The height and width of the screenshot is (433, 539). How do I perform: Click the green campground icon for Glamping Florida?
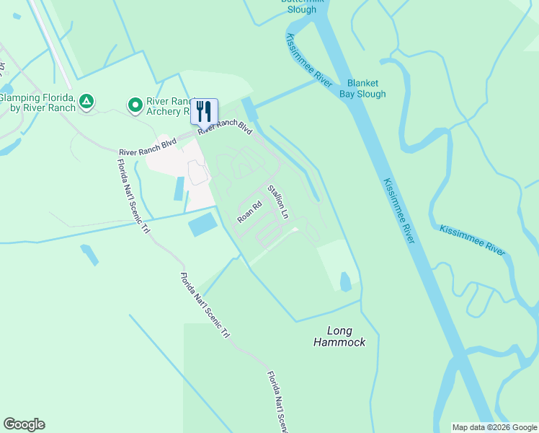tap(86, 102)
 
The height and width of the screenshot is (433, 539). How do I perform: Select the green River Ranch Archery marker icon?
tap(135, 106)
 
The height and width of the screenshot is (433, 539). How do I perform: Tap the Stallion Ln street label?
tap(278, 202)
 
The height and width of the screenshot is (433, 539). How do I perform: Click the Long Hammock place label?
tap(339, 336)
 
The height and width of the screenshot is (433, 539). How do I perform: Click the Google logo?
tap(24, 424)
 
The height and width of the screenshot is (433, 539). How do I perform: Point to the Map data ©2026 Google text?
tap(494, 427)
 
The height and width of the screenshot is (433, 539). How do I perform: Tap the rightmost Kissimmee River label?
tap(473, 240)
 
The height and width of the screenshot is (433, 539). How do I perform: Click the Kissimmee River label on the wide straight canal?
tap(399, 211)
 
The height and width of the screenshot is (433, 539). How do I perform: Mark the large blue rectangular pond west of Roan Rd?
tap(202, 224)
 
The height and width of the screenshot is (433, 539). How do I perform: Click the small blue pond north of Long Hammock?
tap(345, 281)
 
